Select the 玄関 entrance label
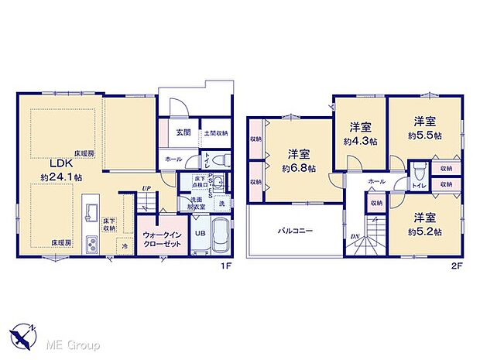pos(183,132)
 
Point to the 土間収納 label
pos(215,133)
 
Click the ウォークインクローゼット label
pos(162,236)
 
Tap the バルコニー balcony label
pos(295,231)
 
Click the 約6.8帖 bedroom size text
pos(296,168)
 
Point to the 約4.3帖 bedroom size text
pos(360,142)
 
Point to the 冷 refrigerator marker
pos(124,246)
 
